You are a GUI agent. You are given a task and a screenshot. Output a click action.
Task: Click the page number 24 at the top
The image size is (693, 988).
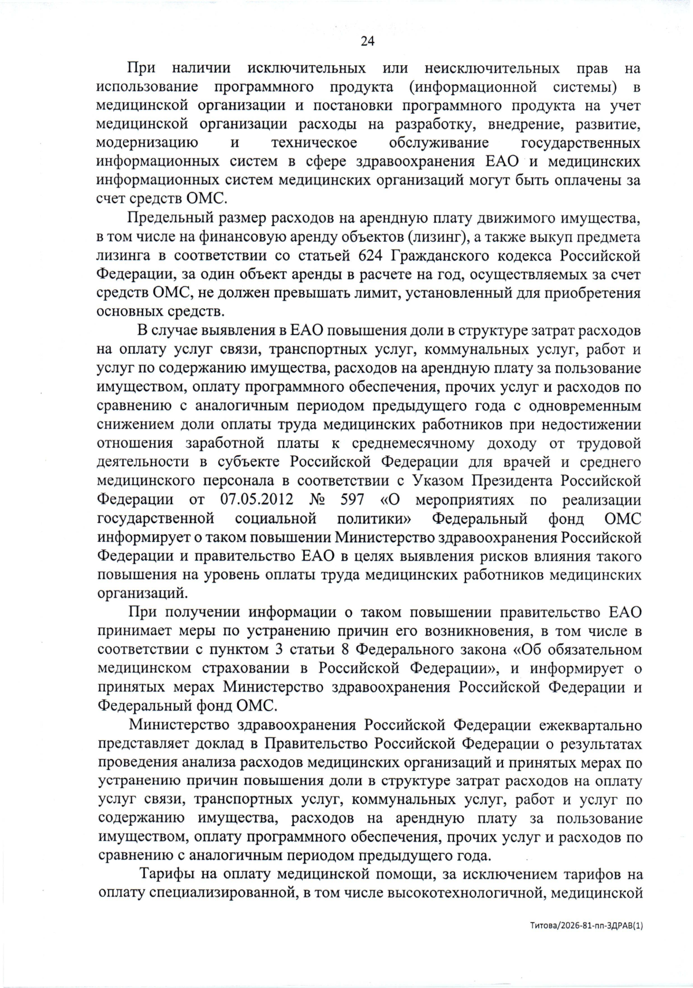[x=368, y=41]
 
